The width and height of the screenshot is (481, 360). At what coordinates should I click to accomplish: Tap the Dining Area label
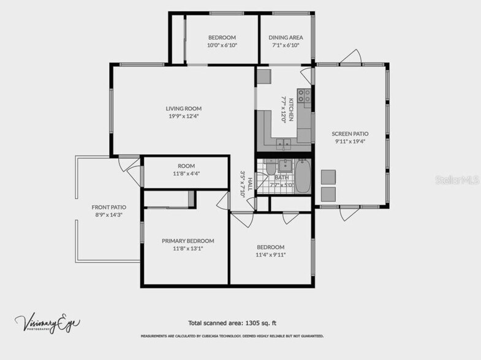click(x=286, y=37)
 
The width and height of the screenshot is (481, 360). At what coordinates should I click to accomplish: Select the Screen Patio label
click(x=350, y=133)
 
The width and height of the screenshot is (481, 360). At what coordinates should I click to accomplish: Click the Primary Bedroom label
click(x=187, y=241)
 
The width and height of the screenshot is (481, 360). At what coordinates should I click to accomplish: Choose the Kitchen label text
click(x=292, y=109)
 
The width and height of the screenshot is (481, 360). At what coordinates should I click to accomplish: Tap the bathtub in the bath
click(x=303, y=176)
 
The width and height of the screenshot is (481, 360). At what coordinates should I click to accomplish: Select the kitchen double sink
click(x=283, y=144)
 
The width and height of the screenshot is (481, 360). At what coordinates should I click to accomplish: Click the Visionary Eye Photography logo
click(x=48, y=323)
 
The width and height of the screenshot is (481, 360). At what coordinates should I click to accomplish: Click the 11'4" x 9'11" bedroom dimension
click(x=270, y=255)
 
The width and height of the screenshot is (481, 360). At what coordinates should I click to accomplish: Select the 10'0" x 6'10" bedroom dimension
click(x=221, y=45)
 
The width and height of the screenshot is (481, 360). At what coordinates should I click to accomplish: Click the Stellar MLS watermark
click(x=456, y=180)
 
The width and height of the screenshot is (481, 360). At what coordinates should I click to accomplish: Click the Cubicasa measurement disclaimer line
click(x=232, y=336)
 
